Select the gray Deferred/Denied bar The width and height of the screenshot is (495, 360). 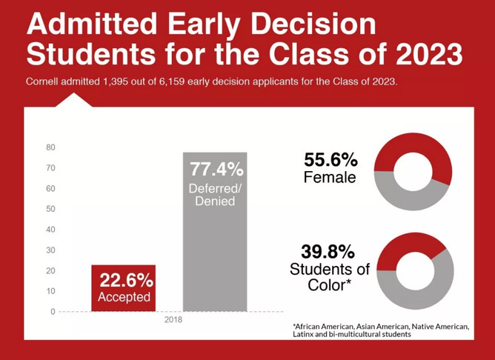(x=215, y=259)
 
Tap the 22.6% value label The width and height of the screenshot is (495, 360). (x=127, y=281)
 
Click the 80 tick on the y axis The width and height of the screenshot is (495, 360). (x=50, y=147)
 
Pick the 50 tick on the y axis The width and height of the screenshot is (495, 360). (x=50, y=209)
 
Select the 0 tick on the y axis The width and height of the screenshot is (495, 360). (x=53, y=311)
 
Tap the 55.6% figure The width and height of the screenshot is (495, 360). (x=330, y=159)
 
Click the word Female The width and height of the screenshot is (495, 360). (x=330, y=178)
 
